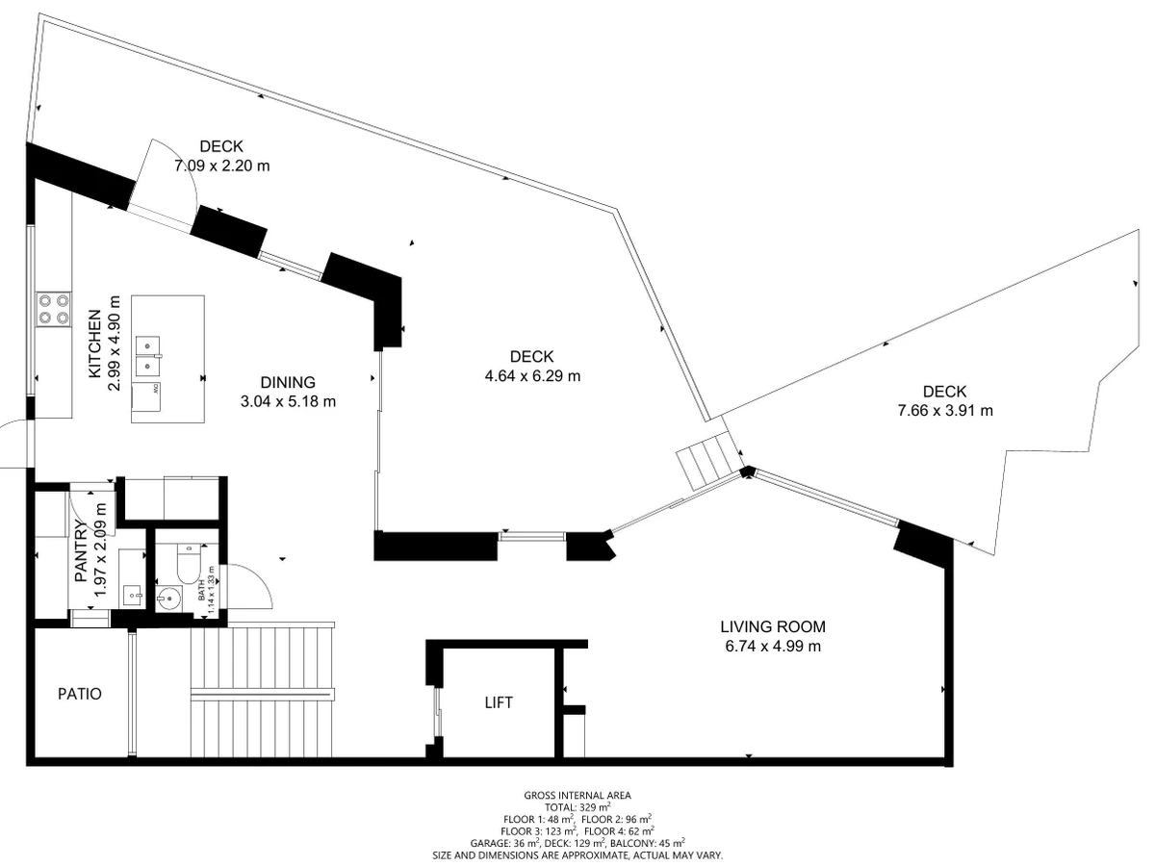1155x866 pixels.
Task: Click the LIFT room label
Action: click(x=498, y=702)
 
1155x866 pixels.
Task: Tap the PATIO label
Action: click(x=80, y=694)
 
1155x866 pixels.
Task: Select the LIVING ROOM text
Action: click(x=773, y=626)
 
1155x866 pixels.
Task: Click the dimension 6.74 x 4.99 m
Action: click(x=773, y=647)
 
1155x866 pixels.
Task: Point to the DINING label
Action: click(x=288, y=382)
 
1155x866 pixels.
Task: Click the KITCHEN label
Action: click(x=94, y=344)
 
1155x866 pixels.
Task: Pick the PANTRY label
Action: click(x=81, y=550)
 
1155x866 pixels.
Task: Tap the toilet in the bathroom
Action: click(x=188, y=564)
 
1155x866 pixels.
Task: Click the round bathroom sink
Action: click(x=168, y=599)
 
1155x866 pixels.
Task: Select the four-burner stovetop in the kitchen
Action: click(x=54, y=309)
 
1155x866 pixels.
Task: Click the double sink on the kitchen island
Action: click(x=147, y=355)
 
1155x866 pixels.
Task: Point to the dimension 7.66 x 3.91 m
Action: click(x=945, y=411)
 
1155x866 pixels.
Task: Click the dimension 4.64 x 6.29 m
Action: click(x=532, y=376)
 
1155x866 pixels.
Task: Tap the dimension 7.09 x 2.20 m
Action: click(x=221, y=166)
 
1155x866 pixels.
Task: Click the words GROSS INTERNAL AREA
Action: click(x=577, y=796)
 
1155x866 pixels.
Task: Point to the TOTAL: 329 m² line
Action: click(x=577, y=807)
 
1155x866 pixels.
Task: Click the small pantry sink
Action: click(x=132, y=597)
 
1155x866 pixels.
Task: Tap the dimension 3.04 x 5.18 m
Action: click(x=288, y=401)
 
